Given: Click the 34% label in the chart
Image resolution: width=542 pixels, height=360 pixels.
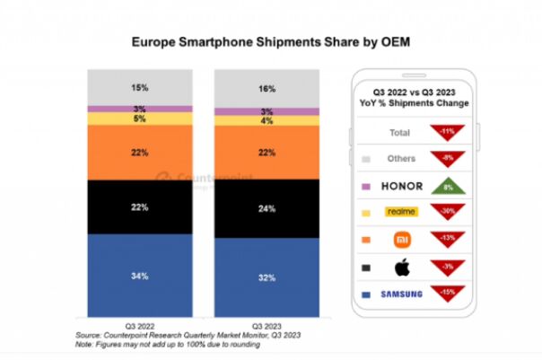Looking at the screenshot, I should click(x=139, y=275).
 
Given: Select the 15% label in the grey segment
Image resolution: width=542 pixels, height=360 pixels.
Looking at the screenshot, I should click(x=139, y=87).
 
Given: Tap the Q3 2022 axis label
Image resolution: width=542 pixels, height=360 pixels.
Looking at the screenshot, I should click(x=139, y=324).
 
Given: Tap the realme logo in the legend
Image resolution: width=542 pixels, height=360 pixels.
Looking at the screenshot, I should click(x=400, y=213).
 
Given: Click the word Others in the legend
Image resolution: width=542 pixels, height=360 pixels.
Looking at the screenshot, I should click(x=400, y=160).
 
